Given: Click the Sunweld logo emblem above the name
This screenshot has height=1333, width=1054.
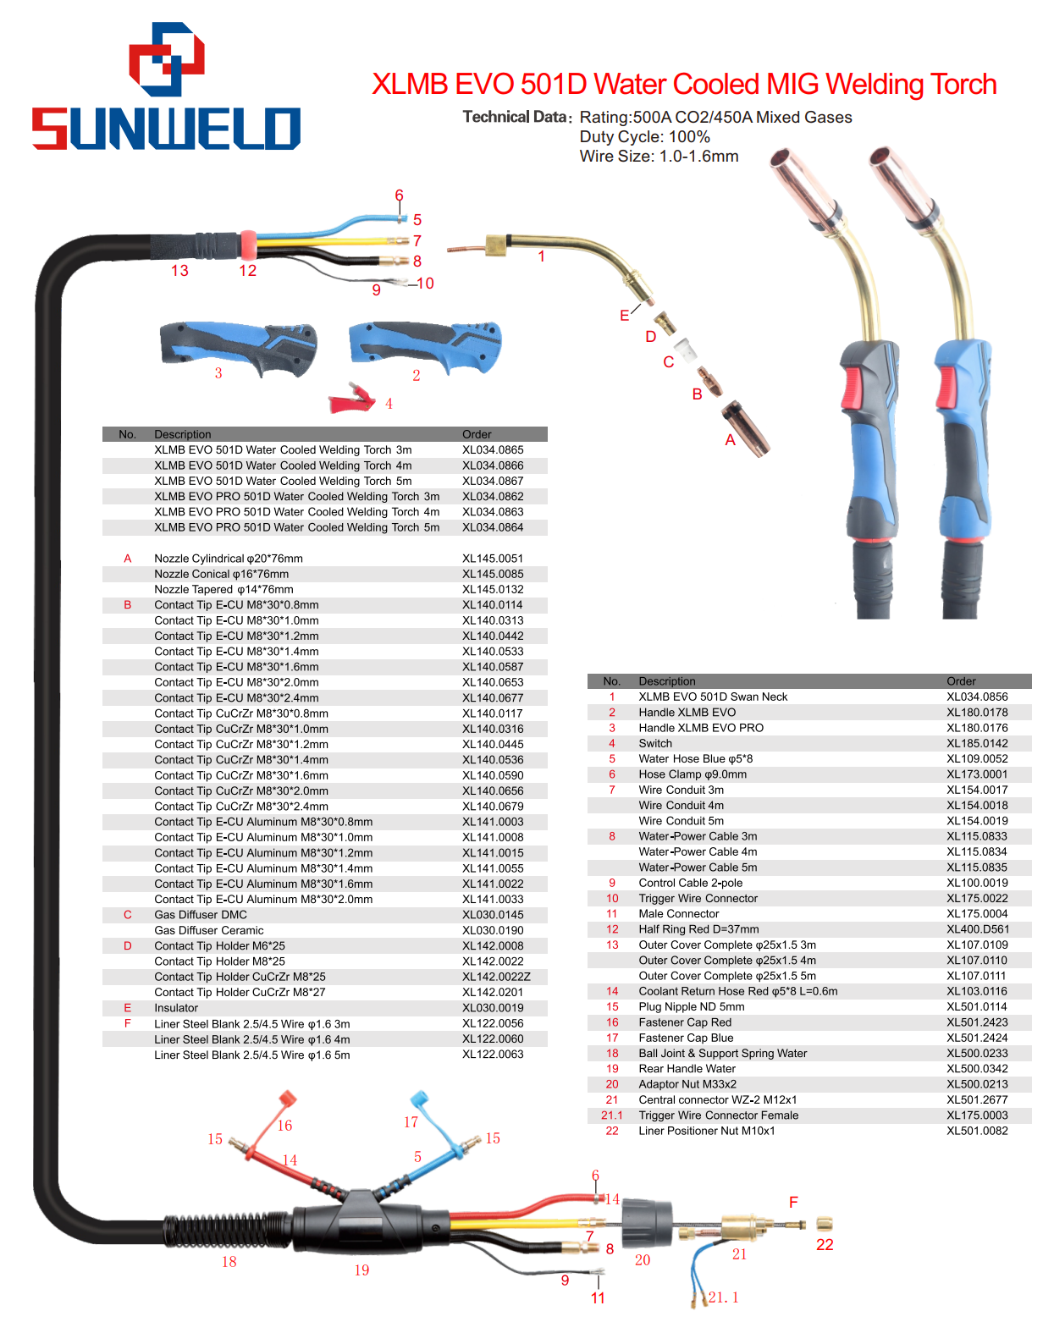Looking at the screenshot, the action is coord(167,59).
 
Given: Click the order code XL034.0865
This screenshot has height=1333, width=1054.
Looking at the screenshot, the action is coord(493,449).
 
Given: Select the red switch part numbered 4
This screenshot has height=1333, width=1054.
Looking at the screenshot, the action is coord(351,399).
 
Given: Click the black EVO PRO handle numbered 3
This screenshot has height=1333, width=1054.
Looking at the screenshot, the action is coord(239,348).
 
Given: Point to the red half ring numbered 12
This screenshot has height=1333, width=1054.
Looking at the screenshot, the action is coord(248,245).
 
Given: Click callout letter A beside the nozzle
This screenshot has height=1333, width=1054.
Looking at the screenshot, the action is coord(730,440).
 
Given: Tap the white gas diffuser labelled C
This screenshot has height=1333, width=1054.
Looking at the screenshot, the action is coord(686,349).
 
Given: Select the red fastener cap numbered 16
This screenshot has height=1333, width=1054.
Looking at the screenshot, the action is coord(286,1099).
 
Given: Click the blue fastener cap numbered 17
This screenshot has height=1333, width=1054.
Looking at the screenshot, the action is coord(420,1099).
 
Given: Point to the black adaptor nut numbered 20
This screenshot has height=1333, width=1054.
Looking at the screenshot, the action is coord(647,1223).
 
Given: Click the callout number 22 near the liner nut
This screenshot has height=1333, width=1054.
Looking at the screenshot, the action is coord(824,1244).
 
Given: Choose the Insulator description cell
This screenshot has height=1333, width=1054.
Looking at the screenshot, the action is coord(176,1008).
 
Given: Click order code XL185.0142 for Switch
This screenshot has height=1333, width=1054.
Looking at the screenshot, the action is coord(977,743).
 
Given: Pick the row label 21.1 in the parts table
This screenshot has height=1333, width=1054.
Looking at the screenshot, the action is coord(611,1115).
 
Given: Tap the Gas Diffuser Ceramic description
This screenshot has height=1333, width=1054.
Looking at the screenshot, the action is coord(209,930).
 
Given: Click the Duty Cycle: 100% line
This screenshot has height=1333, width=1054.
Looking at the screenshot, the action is coord(644,137).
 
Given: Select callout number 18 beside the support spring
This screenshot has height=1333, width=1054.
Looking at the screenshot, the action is coord(229,1262).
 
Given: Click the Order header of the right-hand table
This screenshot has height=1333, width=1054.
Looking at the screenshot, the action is coord(960,681).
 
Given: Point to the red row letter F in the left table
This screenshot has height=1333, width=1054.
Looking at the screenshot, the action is coord(128,1023).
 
